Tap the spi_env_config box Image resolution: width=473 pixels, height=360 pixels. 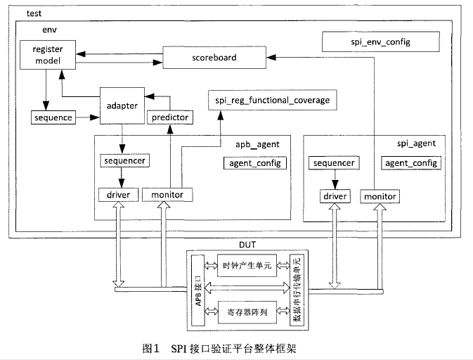(x=380, y=43)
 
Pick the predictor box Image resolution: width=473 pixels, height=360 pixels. (x=169, y=117)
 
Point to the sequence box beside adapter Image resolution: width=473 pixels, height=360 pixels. (x=53, y=117)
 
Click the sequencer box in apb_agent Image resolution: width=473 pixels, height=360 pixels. (x=123, y=161)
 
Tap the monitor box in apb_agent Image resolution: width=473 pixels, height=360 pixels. (x=167, y=194)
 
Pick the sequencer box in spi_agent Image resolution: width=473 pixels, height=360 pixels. (x=333, y=163)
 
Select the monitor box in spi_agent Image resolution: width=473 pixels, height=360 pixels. (x=380, y=196)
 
